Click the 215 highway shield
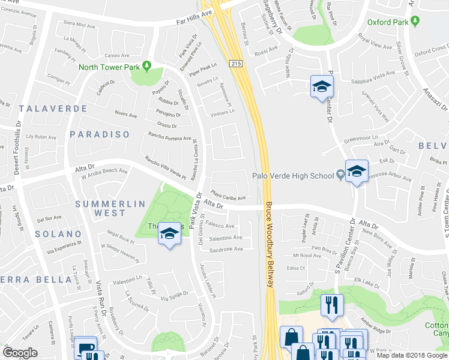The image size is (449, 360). click(235, 62)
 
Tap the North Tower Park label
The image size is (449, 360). click(109, 67)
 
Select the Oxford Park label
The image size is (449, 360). click(388, 22)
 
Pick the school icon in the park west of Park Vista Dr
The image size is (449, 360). click(169, 233)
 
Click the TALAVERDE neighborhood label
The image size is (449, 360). click(53, 109)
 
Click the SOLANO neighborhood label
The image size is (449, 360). click(58, 233)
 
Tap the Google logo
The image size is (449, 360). click(20, 353)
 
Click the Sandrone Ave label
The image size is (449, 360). click(226, 248)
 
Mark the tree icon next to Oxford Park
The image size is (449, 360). click(415, 22)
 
